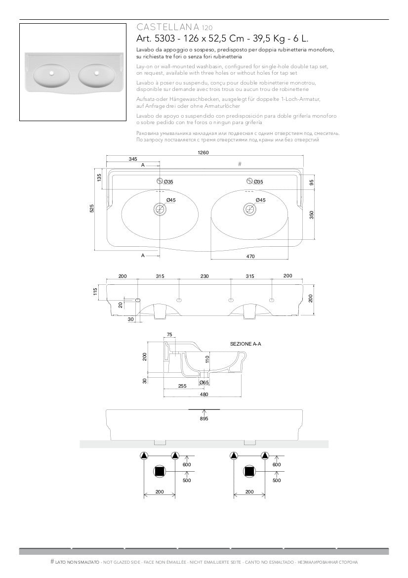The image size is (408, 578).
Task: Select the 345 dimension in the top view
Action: coord(133,159)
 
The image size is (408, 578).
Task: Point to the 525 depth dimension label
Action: coord(92,209)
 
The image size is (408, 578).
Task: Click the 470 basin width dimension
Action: coord(250,256)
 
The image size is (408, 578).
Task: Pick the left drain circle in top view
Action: coord(160,209)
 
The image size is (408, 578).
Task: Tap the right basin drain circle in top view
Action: coord(249,209)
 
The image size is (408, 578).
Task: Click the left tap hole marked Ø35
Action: coord(160,181)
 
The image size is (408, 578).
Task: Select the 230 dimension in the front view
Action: coord(204,276)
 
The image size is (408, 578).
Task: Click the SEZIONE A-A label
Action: coord(245,343)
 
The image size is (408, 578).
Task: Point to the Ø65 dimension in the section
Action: coord(204,382)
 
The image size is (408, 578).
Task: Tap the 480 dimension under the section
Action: coord(204,394)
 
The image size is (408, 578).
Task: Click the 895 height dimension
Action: coord(204,418)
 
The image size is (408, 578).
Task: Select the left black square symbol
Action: coord(159,472)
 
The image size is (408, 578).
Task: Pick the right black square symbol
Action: coord(249,472)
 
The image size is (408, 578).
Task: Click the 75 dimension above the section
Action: coord(169,335)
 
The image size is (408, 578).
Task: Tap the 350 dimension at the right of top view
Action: coord(312,214)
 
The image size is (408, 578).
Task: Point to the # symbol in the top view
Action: coord(240,164)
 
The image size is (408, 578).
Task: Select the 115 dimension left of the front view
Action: coord(96,292)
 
